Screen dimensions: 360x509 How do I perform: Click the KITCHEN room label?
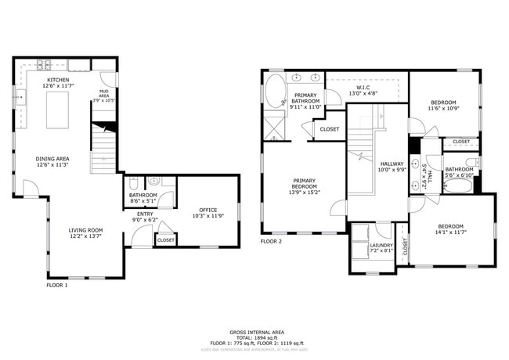(57, 80)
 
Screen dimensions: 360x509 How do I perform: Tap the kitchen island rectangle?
(61, 110)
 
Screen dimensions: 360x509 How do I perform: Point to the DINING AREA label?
(52, 160)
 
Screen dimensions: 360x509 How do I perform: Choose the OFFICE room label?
(208, 210)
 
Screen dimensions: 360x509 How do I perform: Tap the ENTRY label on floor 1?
(145, 214)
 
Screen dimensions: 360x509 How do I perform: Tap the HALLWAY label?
(391, 164)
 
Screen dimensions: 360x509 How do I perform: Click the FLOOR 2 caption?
(271, 241)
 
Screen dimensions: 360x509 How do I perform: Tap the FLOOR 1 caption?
(57, 285)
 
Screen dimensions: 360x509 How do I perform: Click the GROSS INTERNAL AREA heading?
(254, 332)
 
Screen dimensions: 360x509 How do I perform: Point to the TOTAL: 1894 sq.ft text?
(254, 338)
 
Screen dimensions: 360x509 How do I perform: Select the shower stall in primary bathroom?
(274, 127)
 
